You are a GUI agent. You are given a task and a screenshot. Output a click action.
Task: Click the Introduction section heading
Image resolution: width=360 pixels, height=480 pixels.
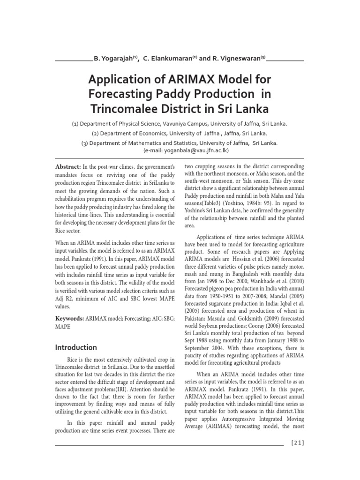pos(76,347)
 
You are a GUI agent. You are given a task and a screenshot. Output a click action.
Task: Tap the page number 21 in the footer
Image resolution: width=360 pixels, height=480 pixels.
pos(298,443)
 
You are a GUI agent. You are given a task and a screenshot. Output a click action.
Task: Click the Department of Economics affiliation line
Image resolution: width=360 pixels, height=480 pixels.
pos(180,134)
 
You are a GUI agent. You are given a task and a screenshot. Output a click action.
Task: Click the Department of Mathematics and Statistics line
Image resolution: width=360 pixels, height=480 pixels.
pos(180,143)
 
